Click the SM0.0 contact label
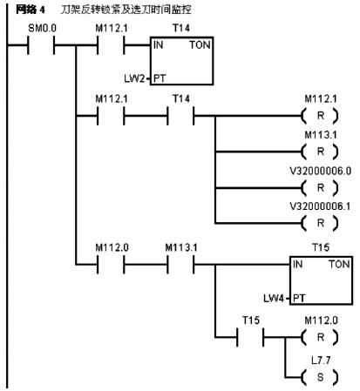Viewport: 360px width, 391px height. tap(42, 28)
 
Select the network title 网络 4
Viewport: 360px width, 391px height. tap(31, 10)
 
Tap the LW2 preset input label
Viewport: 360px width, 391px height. tap(134, 78)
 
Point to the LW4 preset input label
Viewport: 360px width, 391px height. tap(274, 298)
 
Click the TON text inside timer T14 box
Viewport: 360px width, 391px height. tap(200, 45)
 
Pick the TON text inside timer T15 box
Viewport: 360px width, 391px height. tap(339, 265)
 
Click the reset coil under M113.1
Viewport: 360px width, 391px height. tap(320, 152)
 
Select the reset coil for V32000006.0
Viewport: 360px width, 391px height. tap(320, 188)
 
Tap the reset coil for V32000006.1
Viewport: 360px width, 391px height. tap(320, 223)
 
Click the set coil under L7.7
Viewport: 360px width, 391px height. tap(320, 377)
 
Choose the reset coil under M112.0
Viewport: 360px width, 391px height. tap(320, 337)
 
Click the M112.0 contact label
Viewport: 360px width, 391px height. tap(112, 247)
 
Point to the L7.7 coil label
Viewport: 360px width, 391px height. tap(321, 361)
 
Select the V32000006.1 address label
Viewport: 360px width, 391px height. tap(320, 206)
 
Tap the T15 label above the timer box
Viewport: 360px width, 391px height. tap(321, 247)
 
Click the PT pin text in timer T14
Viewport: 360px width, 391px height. tap(160, 78)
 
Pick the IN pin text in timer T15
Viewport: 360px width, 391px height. tap(297, 265)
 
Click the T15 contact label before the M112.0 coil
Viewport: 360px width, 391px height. tap(251, 320)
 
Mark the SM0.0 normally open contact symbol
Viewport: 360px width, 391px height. tap(41, 45)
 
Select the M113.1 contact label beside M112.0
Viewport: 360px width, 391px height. tap(181, 247)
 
